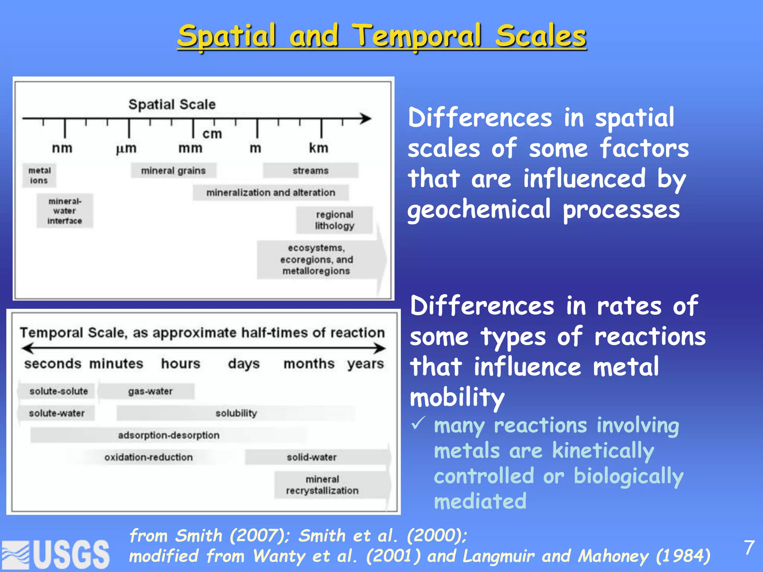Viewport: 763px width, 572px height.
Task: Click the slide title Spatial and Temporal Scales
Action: click(381, 36)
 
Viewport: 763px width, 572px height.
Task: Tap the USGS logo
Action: click(56, 554)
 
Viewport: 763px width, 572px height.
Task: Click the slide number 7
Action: click(749, 548)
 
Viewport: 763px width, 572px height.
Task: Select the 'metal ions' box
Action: click(39, 175)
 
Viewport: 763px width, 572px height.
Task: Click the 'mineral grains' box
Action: click(173, 171)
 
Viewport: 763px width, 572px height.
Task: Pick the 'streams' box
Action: click(310, 171)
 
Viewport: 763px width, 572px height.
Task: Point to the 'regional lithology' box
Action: click(334, 220)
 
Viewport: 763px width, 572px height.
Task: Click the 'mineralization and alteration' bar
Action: click(270, 193)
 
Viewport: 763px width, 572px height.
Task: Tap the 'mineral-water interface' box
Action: click(64, 211)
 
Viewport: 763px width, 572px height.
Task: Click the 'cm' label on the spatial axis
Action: click(212, 134)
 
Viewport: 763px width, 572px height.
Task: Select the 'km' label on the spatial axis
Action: click(319, 148)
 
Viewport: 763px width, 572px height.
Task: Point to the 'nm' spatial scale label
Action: click(62, 148)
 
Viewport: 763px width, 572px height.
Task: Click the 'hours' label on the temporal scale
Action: click(181, 363)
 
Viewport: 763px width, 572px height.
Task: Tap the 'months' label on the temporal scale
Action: click(309, 363)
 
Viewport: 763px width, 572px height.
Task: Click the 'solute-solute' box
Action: click(58, 391)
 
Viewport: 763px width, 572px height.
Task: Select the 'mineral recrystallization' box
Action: click(322, 485)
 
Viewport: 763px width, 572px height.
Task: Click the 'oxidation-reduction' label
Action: click(148, 457)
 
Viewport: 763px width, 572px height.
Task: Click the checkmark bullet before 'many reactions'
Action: click(418, 423)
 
